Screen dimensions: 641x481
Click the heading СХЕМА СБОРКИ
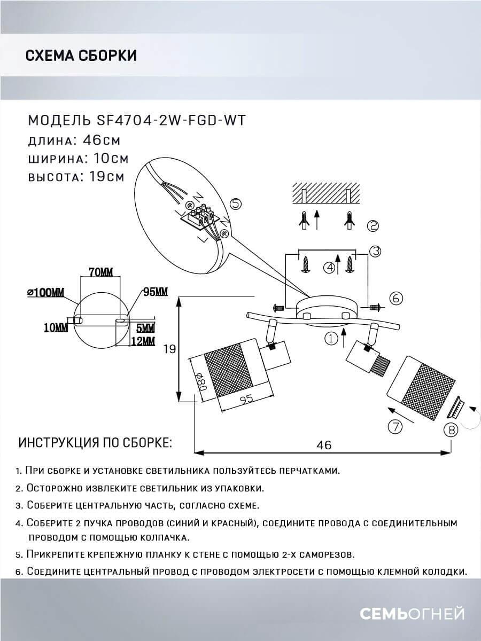(x=81, y=56)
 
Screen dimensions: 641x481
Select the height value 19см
(x=104, y=177)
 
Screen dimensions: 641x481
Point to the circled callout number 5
(x=236, y=204)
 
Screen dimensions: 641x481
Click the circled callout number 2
(x=373, y=226)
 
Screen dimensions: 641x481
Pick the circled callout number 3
(x=375, y=251)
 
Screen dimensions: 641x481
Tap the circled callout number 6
(x=395, y=298)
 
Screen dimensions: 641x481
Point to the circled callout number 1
(x=331, y=338)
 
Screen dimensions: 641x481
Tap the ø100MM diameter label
(x=45, y=292)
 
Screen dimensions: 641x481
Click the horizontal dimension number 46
(x=324, y=444)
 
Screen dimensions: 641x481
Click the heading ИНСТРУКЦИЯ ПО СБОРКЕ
(x=95, y=443)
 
